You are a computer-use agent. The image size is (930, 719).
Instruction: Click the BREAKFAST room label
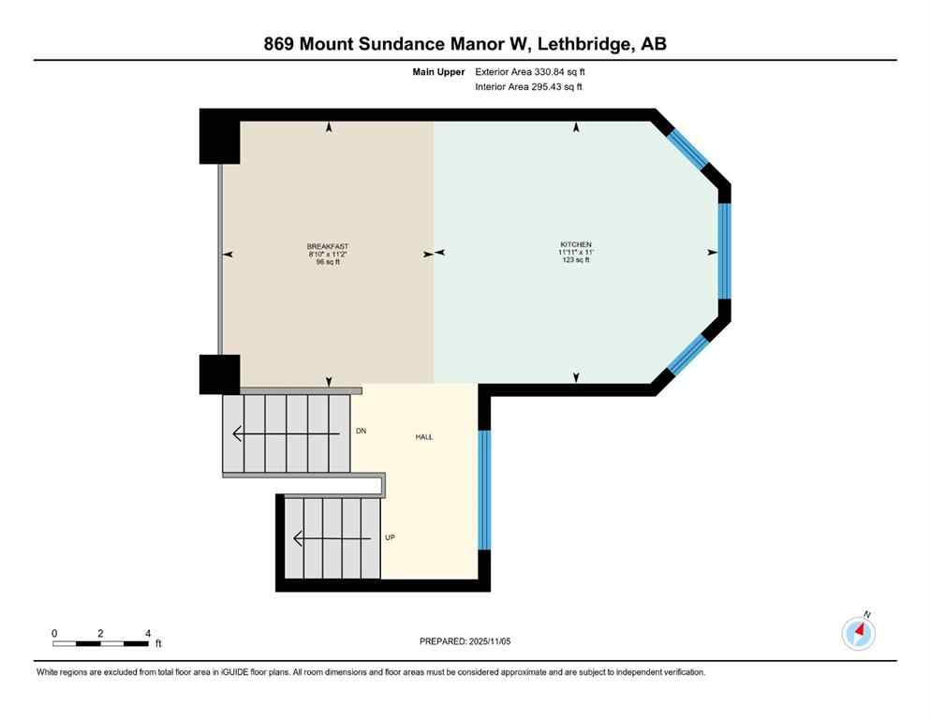tap(327, 245)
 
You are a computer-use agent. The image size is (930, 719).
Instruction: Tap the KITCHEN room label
tap(576, 245)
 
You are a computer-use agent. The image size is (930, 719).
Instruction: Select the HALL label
tap(424, 437)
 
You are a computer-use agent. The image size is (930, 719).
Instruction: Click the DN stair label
tap(361, 432)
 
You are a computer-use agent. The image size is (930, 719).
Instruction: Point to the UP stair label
tap(390, 538)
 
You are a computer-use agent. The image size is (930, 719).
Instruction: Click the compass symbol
tap(859, 633)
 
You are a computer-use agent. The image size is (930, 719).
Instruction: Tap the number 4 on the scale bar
tap(147, 634)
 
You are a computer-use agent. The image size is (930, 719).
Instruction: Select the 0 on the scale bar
tap(55, 634)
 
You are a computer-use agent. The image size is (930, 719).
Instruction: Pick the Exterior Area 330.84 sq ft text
tap(532, 71)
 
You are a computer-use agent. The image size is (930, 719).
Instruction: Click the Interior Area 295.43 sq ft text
tap(530, 87)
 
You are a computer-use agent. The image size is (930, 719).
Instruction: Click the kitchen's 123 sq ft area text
tap(576, 260)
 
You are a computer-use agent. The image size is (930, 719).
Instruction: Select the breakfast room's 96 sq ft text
tap(327, 260)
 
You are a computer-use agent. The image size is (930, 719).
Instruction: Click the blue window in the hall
tap(484, 489)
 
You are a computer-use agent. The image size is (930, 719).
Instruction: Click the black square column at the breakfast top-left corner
tap(220, 138)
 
